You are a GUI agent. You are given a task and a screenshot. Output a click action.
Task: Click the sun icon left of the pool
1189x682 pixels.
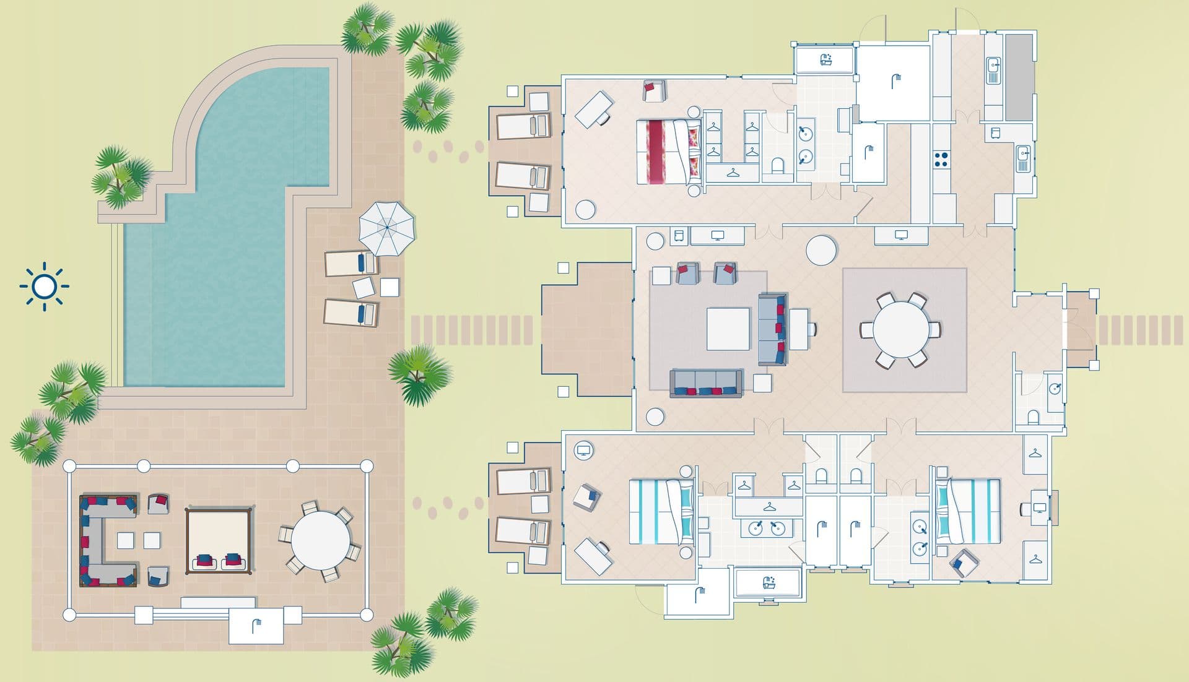click(x=44, y=287)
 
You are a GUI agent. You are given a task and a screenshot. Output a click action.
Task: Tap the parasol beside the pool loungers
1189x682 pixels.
click(x=386, y=227)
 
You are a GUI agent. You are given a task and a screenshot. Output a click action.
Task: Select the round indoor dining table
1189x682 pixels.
click(x=901, y=329)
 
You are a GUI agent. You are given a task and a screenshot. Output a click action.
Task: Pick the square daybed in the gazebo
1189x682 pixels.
click(x=219, y=540)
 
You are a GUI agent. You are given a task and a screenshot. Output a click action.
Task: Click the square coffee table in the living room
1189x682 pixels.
click(x=728, y=329)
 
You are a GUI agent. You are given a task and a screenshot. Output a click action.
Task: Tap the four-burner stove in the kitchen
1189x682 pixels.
click(x=941, y=159)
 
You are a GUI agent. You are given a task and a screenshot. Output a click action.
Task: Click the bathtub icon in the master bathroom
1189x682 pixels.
click(x=825, y=60)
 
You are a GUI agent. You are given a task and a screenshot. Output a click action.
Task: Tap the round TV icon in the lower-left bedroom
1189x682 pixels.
click(x=583, y=450)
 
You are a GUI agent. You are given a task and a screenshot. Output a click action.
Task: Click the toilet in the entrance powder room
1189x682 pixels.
click(x=1032, y=417)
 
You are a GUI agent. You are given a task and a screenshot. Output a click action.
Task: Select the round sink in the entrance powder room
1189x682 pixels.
click(x=1055, y=388)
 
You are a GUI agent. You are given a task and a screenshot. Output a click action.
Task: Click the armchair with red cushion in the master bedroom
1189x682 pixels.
click(x=653, y=90)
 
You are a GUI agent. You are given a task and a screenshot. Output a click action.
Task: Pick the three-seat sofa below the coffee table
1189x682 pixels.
click(x=706, y=383)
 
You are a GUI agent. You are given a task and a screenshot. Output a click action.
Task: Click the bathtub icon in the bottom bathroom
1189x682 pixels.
click(x=769, y=582)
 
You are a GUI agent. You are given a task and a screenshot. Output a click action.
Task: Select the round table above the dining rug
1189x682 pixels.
click(x=821, y=250)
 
